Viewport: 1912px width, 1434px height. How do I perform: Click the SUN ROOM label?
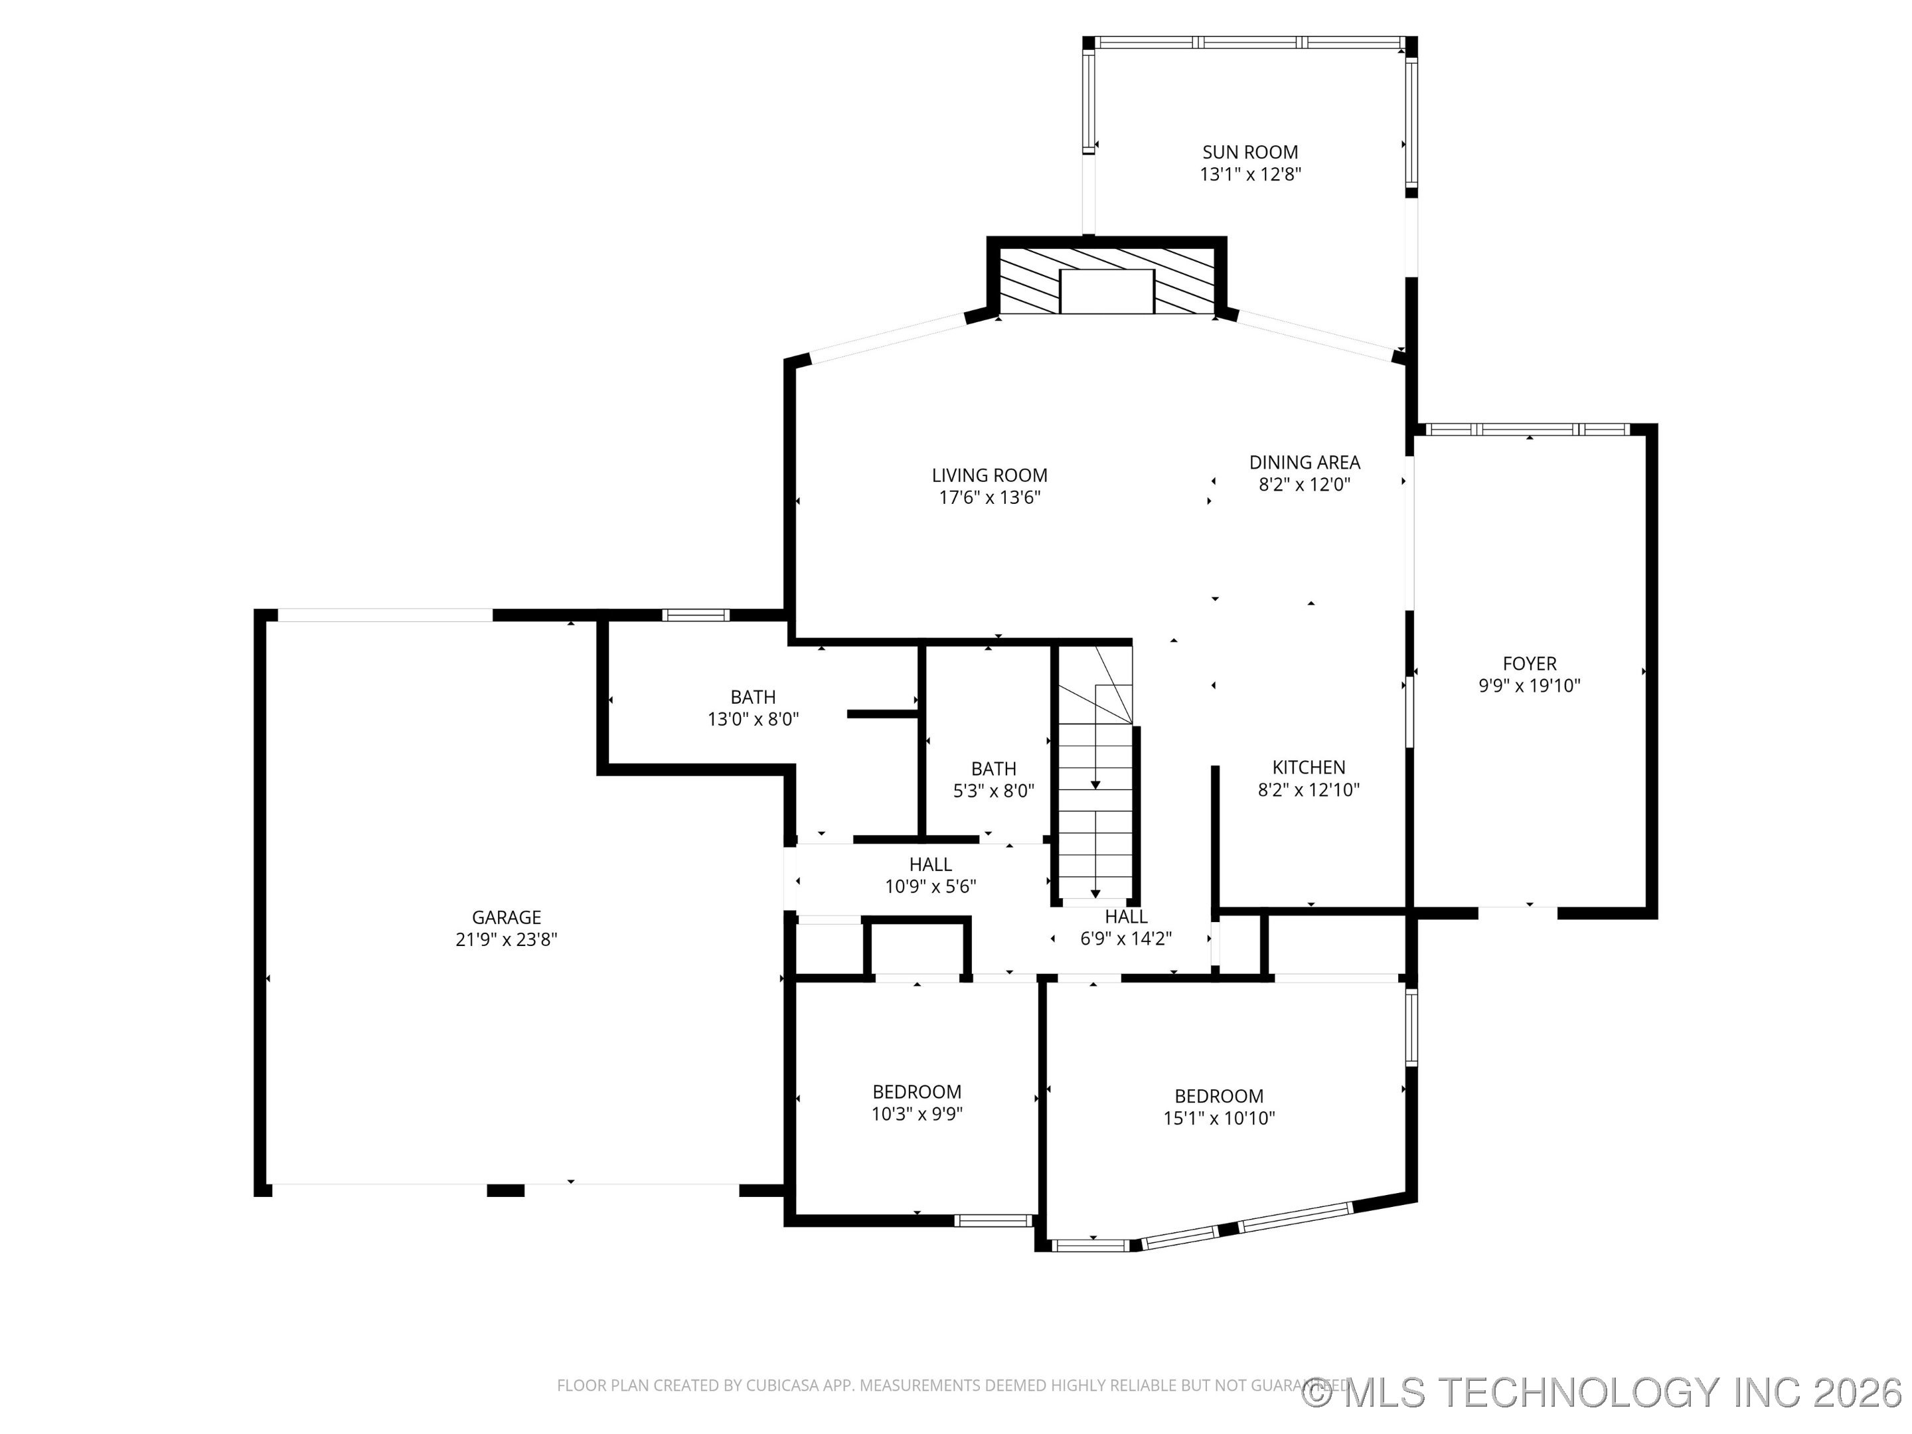coord(1250,152)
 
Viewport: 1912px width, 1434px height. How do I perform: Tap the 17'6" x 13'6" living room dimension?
coord(990,498)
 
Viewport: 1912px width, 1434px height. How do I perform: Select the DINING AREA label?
coord(1305,463)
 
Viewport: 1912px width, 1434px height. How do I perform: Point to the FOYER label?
coord(1529,664)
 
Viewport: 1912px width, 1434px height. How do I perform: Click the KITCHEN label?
coord(1309,767)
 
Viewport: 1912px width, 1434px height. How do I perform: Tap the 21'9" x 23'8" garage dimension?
coord(507,939)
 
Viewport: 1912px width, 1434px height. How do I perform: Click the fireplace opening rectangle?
coord(1107,291)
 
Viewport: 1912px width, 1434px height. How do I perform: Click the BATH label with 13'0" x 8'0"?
coord(753,696)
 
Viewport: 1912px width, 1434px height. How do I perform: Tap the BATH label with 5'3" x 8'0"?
coord(993,768)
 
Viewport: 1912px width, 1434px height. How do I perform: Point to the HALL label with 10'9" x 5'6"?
coord(930,864)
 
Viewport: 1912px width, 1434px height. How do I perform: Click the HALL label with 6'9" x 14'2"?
coord(1125,916)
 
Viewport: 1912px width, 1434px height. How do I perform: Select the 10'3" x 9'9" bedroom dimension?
coord(916,1114)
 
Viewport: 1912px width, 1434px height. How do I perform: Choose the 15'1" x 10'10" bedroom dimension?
coord(1219,1119)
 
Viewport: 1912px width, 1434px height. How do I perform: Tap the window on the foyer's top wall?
coord(1528,430)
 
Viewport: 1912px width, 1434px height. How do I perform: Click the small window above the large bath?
coord(696,615)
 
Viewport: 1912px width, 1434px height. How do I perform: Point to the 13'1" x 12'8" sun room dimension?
coord(1250,175)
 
